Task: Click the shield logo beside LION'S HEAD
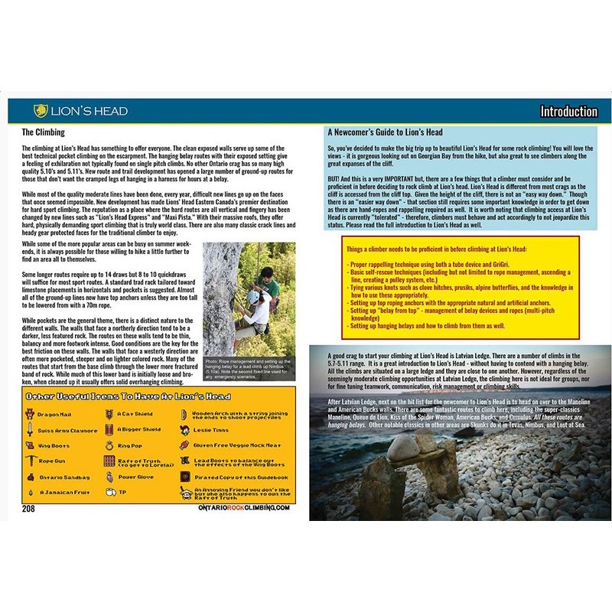(41, 111)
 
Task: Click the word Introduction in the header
(568, 111)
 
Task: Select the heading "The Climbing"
(44, 132)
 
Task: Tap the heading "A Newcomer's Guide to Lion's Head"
(384, 132)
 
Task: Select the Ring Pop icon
(109, 445)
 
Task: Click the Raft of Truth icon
(109, 461)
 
